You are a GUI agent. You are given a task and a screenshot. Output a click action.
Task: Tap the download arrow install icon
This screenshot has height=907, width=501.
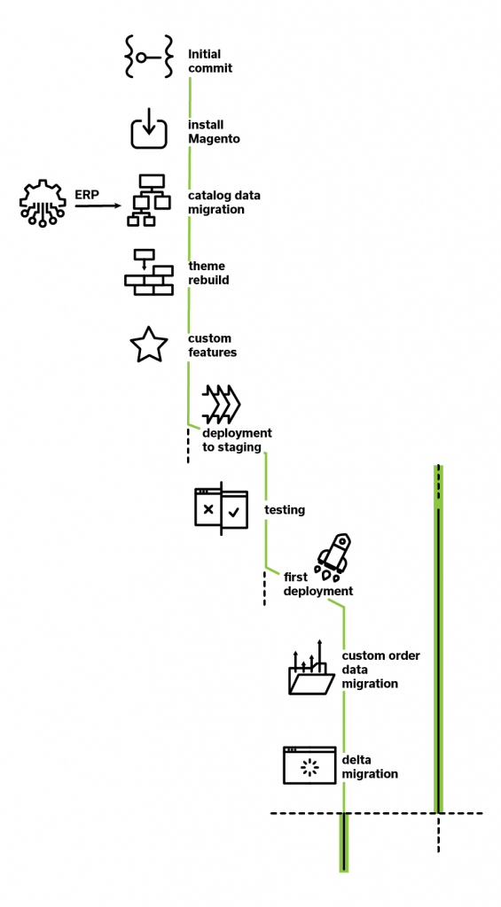pyautogui.click(x=149, y=128)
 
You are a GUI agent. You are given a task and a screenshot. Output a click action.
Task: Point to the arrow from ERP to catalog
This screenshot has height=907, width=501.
pyautogui.click(x=98, y=205)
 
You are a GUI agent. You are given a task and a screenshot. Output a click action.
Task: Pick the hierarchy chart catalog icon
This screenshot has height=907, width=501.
pyautogui.click(x=149, y=200)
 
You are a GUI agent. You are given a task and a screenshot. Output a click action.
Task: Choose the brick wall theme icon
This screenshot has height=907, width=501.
pyautogui.click(x=149, y=273)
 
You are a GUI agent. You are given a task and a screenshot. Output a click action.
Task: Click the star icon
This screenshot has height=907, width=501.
pyautogui.click(x=149, y=345)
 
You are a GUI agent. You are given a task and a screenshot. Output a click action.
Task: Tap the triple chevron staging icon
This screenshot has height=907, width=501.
pyautogui.click(x=222, y=403)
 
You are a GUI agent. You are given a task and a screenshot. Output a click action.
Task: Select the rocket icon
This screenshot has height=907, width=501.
pyautogui.click(x=334, y=557)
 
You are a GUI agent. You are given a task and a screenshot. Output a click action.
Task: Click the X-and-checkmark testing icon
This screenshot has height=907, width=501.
pyautogui.click(x=222, y=508)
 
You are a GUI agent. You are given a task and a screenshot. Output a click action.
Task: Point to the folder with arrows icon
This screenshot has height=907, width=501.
pyautogui.click(x=311, y=667)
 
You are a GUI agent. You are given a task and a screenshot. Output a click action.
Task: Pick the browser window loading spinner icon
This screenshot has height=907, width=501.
pyautogui.click(x=309, y=765)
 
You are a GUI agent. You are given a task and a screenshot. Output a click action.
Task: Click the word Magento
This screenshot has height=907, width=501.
pyautogui.click(x=215, y=139)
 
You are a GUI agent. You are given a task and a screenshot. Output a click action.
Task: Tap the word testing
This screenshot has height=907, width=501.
pyautogui.click(x=285, y=510)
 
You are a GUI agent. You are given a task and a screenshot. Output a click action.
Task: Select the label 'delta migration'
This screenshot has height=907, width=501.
pyautogui.click(x=370, y=767)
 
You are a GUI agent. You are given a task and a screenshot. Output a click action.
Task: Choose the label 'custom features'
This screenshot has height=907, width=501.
pyautogui.click(x=213, y=345)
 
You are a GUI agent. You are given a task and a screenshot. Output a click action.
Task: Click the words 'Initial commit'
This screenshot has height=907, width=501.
pyautogui.click(x=210, y=61)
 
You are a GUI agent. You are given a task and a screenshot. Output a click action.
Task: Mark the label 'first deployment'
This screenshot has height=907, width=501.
pyautogui.click(x=318, y=585)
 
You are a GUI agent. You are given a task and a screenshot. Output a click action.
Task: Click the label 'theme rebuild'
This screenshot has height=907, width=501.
pyautogui.click(x=208, y=273)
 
